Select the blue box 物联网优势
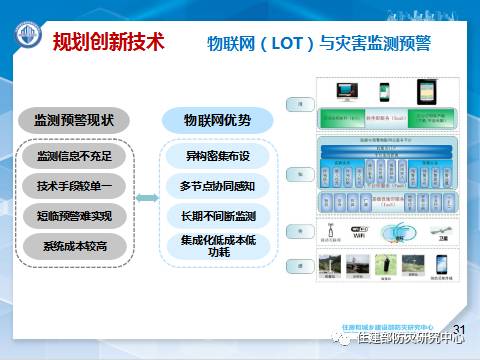(x=216, y=120)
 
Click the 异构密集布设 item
(x=216, y=157)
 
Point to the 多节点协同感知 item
(x=216, y=186)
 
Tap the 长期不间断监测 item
(x=216, y=215)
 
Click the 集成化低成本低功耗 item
(x=216, y=247)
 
